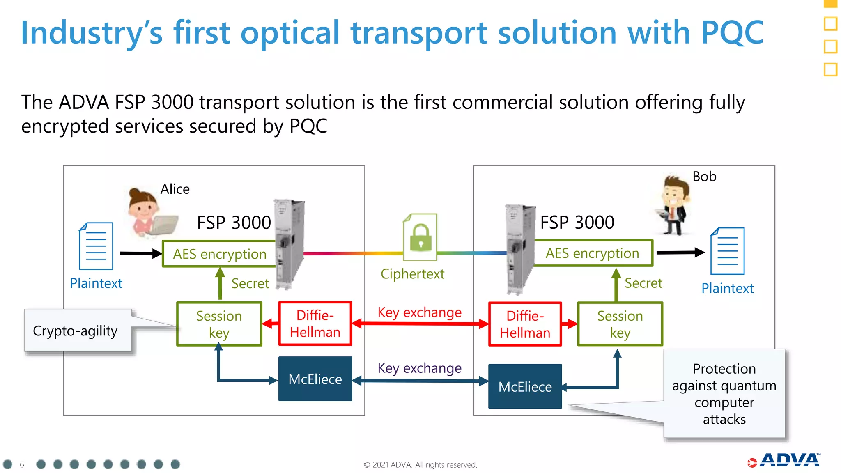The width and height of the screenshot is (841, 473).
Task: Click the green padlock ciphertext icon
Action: click(x=420, y=237)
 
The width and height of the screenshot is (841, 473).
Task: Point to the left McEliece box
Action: click(x=315, y=379)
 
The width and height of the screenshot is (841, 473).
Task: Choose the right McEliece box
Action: click(x=525, y=386)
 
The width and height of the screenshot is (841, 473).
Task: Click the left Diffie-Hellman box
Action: click(x=315, y=324)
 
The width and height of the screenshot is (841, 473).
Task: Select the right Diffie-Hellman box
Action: click(x=525, y=324)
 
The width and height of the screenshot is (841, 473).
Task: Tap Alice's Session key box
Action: click(x=219, y=324)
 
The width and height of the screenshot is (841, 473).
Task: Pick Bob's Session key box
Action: click(x=620, y=324)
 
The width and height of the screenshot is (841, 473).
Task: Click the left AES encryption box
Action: click(x=219, y=254)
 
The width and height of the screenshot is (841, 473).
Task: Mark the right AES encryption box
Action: click(x=592, y=253)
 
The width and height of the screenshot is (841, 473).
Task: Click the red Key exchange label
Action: click(x=419, y=312)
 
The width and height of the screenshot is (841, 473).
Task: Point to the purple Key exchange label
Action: click(x=419, y=368)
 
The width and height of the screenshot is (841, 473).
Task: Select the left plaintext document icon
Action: click(x=96, y=246)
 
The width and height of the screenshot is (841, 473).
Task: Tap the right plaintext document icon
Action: click(x=727, y=251)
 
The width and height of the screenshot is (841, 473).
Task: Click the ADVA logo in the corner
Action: click(x=784, y=460)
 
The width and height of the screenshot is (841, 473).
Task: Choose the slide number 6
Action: click(x=22, y=464)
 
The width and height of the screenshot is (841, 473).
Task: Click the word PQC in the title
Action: click(x=732, y=32)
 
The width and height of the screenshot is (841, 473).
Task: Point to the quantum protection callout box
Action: click(x=724, y=393)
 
